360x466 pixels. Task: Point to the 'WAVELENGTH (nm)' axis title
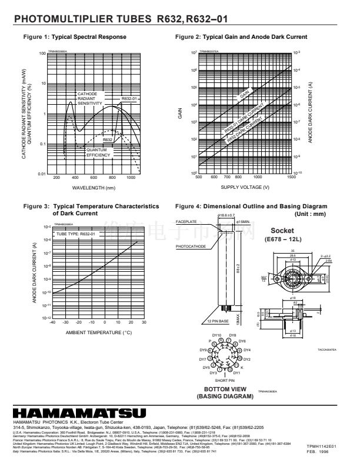point(94,188)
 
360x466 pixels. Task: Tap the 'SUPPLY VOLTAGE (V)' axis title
point(245,187)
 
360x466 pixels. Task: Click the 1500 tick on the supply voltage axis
point(292,177)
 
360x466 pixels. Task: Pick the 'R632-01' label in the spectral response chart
point(129,98)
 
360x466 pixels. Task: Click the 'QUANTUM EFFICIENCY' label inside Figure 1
point(98,152)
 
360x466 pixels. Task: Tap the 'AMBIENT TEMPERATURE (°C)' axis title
point(98,333)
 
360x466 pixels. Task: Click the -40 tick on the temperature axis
point(52,322)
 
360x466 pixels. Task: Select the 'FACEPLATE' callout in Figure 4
point(186,221)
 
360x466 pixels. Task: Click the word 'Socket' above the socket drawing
point(286,230)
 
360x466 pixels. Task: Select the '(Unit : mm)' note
point(311,214)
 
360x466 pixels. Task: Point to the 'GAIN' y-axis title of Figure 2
point(180,114)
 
